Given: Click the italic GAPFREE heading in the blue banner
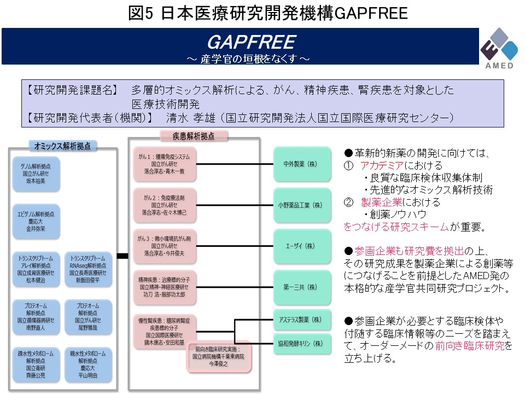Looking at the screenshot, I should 252,42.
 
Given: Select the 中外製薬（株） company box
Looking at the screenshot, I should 302,164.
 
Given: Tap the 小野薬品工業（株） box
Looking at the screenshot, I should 302,205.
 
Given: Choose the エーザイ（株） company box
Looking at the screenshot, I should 302,246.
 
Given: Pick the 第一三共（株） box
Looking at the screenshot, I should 302,286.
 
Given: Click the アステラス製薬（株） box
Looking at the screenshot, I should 302,320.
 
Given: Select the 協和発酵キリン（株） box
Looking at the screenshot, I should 302,344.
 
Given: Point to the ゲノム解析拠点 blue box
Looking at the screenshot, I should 37,173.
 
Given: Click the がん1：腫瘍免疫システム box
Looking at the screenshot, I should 165,164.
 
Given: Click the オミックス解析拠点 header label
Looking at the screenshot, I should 62,146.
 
